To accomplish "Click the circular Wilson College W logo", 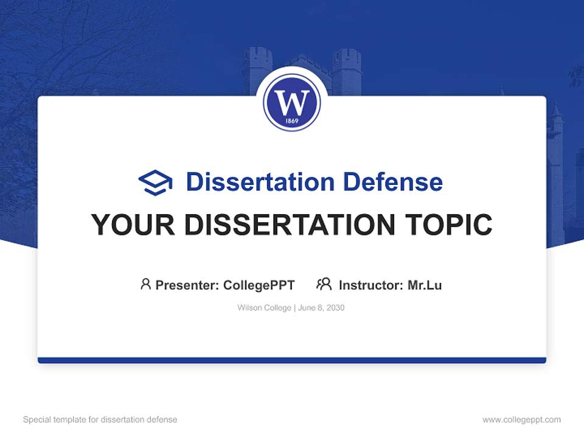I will click(x=292, y=102).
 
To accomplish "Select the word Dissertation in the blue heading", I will click(x=260, y=182).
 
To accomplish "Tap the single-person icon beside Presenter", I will click(x=145, y=284).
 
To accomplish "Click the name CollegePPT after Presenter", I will click(x=259, y=285).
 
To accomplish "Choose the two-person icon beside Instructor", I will click(x=324, y=284).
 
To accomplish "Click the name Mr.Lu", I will click(x=425, y=285).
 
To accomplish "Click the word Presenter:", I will click(x=187, y=285).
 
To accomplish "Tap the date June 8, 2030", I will click(x=321, y=308).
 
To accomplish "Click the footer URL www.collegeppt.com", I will click(x=521, y=420).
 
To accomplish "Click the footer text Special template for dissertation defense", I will click(x=100, y=420).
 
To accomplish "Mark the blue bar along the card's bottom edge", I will click(x=292, y=360).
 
